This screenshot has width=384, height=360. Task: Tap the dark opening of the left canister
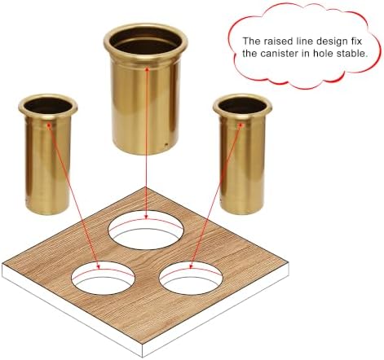48,106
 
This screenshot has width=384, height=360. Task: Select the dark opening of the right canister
242,105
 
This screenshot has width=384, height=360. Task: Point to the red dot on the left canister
49,125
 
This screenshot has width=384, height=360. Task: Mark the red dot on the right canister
241,125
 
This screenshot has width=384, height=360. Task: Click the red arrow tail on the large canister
147,69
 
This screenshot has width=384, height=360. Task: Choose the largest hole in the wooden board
146,230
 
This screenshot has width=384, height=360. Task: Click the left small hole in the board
103,278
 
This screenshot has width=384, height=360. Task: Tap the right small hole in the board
191,278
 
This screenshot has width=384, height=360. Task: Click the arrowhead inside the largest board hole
146,217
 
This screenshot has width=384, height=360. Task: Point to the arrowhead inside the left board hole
99,267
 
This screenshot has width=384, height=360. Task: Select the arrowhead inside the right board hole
191,266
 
